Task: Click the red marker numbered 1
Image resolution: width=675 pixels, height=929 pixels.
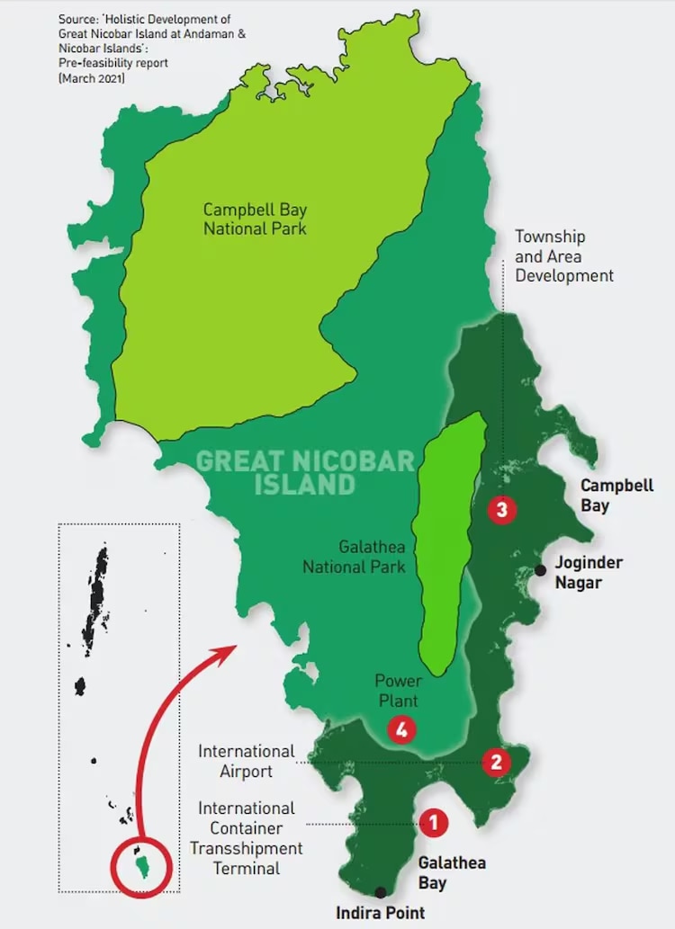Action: [x=433, y=821]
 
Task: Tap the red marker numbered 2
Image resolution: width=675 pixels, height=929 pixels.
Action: [x=495, y=763]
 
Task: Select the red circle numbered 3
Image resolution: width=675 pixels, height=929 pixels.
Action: [x=501, y=510]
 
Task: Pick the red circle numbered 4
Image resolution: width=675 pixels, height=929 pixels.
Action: [x=401, y=730]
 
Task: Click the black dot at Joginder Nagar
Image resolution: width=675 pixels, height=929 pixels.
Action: [x=540, y=570]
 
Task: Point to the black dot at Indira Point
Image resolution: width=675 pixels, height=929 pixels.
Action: [x=381, y=892]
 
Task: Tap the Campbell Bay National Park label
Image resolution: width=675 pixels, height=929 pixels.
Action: [x=255, y=219]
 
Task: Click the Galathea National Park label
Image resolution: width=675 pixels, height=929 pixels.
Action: [x=354, y=557]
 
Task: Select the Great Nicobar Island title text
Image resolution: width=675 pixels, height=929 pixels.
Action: [x=305, y=473]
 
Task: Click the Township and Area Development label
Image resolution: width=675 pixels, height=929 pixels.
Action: [x=563, y=255]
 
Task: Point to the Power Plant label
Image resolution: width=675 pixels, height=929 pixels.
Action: [x=398, y=690]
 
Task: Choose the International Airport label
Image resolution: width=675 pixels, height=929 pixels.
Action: [x=247, y=761]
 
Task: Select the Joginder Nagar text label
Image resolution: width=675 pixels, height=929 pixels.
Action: [x=589, y=572]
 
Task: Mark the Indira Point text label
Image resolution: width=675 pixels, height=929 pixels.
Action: [x=380, y=913]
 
